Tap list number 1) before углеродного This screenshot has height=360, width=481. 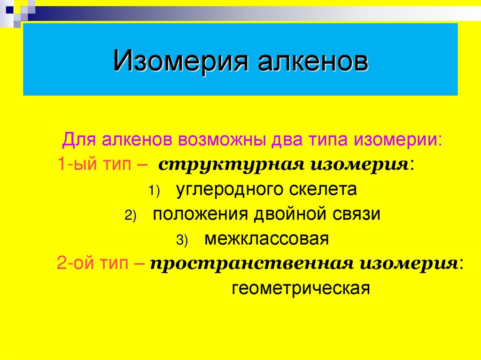[155, 191]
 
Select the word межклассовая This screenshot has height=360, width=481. [266, 239]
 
